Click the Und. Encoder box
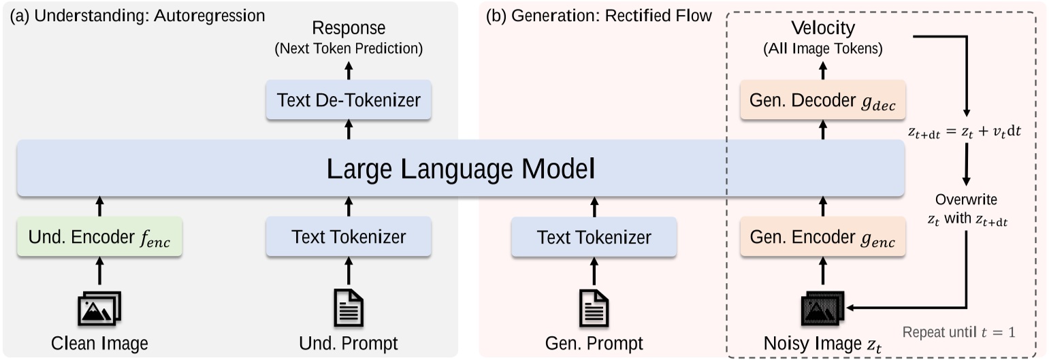pyautogui.click(x=99, y=237)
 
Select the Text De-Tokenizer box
pyautogui.click(x=349, y=100)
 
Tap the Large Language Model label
pyautogui.click(x=461, y=169)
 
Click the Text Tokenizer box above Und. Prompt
pyautogui.click(x=349, y=237)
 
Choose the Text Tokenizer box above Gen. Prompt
pyautogui.click(x=594, y=237)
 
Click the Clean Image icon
pyautogui.click(x=99, y=309)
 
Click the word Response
pyautogui.click(x=349, y=29)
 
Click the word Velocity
pyautogui.click(x=822, y=29)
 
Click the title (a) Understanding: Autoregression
pyautogui.click(x=137, y=15)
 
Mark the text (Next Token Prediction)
pyautogui.click(x=349, y=48)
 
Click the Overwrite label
pyautogui.click(x=966, y=201)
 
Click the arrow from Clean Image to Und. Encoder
pyautogui.click(x=99, y=270)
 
